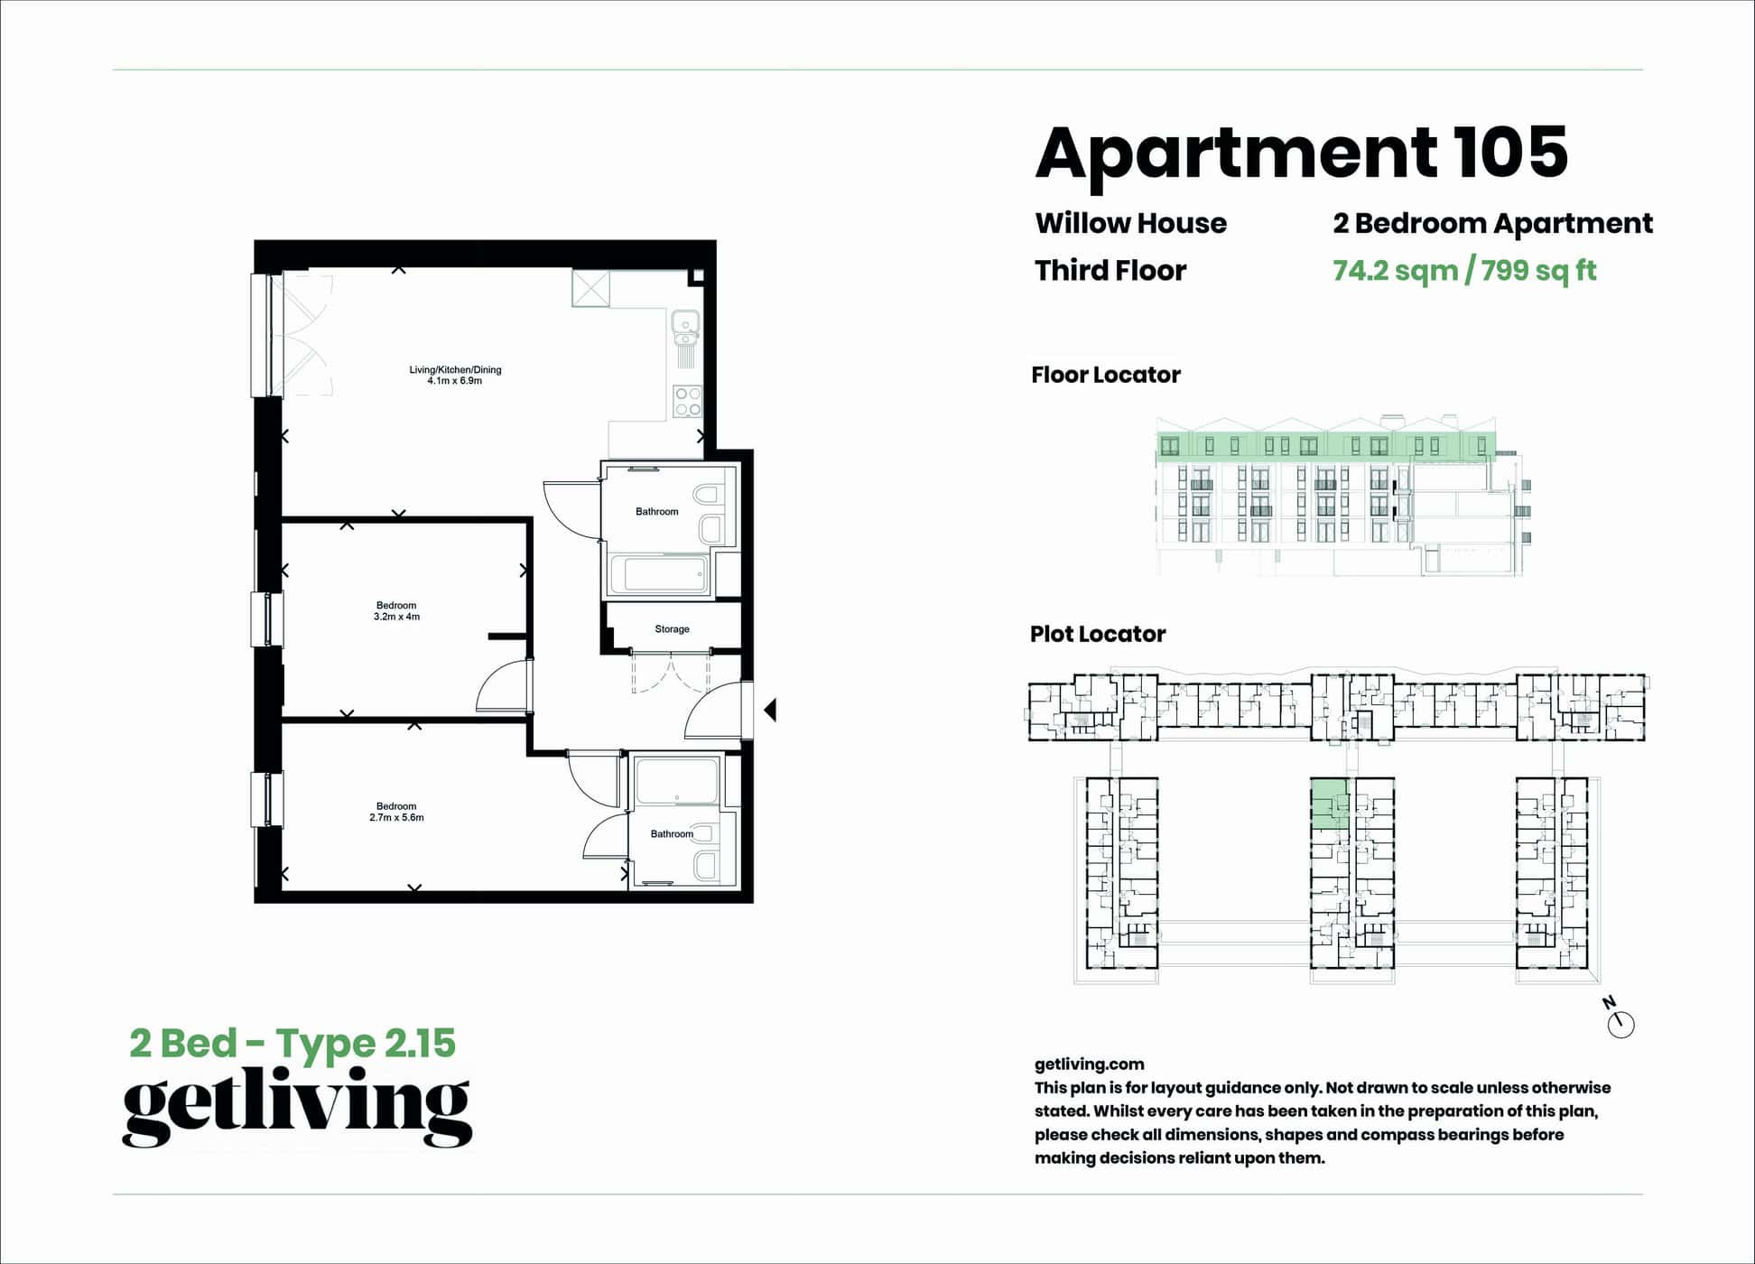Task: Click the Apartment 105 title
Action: point(1300,153)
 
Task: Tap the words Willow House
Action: point(1130,223)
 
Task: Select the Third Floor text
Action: point(1110,270)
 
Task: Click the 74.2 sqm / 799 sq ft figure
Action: point(1463,270)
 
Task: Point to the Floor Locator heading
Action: point(1105,375)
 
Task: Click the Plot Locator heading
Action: point(1097,634)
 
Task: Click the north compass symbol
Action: point(1620,1022)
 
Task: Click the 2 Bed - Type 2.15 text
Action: point(292,1043)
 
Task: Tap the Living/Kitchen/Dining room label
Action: point(454,375)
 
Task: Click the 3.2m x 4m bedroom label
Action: point(396,611)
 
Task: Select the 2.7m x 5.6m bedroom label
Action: point(396,812)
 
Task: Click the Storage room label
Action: point(672,629)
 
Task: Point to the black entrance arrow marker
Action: point(770,711)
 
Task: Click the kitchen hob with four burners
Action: point(687,401)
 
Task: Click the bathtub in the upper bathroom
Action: point(657,574)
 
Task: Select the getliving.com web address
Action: point(1089,1064)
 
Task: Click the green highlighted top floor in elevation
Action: point(1325,445)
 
